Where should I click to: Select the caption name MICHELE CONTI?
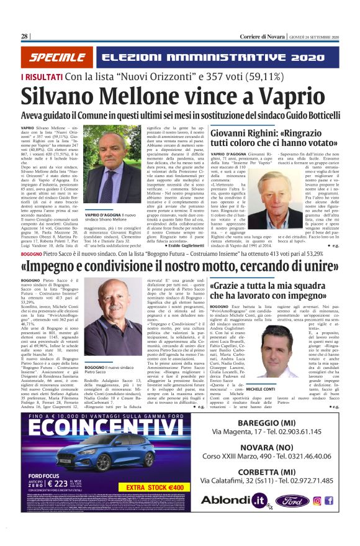(x=263, y=371)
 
